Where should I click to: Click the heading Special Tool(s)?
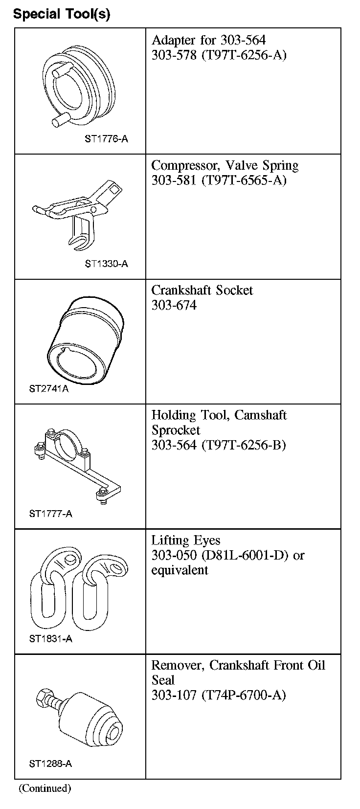[x=62, y=14]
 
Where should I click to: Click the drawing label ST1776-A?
[x=106, y=139]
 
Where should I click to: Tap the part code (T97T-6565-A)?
[x=244, y=180]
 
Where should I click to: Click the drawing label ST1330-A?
[x=106, y=264]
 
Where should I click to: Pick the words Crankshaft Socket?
[x=202, y=291]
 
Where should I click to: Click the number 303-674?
[x=174, y=305]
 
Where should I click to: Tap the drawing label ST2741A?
[x=49, y=389]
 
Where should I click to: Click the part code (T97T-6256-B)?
[x=244, y=445]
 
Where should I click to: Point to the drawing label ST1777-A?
[x=50, y=514]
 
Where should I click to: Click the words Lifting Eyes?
[x=186, y=540]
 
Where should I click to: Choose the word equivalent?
[x=180, y=570]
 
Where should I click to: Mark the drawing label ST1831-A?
[x=50, y=639]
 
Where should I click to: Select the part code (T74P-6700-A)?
[x=244, y=695]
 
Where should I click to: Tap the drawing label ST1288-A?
[x=50, y=764]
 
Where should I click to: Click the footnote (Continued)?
[x=45, y=788]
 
